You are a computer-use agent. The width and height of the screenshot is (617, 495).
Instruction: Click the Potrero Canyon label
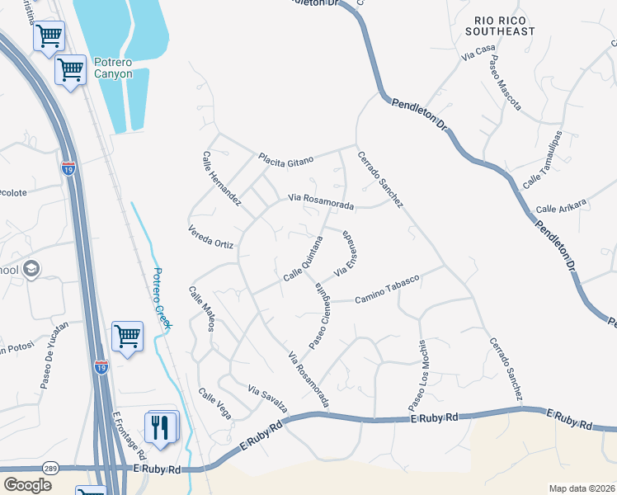point(112,68)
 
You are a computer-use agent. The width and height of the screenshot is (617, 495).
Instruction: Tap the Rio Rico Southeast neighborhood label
point(505,25)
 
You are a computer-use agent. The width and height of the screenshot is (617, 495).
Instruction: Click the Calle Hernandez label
point(222,178)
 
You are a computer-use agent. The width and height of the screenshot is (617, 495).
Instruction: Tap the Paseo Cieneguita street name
point(321,316)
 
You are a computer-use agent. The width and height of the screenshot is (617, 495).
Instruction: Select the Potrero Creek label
point(162,299)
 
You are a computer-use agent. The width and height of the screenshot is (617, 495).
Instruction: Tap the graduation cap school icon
point(32,269)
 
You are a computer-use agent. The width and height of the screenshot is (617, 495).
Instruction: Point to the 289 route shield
point(50,468)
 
